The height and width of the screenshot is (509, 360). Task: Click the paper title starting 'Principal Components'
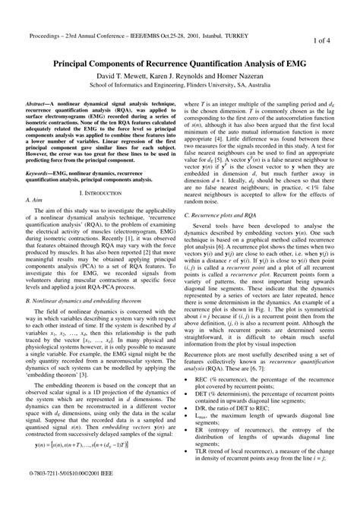tap(180, 65)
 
